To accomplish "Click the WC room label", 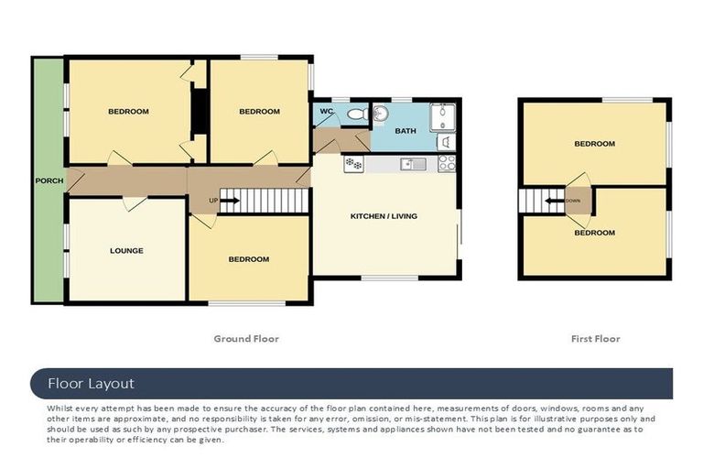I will click(326, 112).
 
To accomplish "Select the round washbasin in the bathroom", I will click(380, 113).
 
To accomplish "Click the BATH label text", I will click(405, 131).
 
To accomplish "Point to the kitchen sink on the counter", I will click(415, 164).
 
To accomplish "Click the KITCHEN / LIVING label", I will click(384, 216).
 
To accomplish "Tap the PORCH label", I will click(49, 180).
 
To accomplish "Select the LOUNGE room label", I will click(126, 250).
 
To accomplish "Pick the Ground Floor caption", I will click(246, 339).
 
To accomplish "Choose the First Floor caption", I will click(595, 339).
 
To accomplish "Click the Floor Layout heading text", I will click(91, 384).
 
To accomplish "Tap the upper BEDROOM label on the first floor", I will click(594, 144).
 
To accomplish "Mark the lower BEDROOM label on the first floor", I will click(594, 233).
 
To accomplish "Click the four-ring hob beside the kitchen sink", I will click(447, 163).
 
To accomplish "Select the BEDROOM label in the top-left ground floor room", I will click(128, 112).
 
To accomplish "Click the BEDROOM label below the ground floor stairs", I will click(248, 259).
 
